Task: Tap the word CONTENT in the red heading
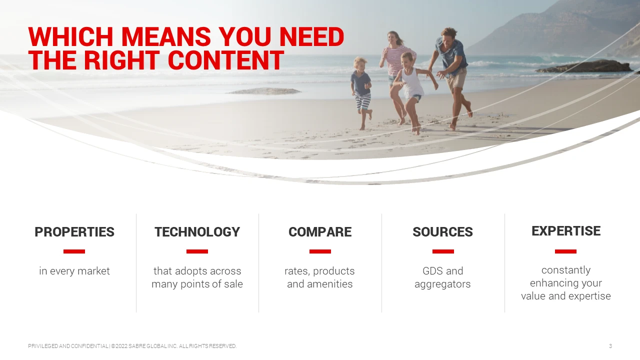click(x=225, y=60)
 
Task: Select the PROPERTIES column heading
click(x=74, y=231)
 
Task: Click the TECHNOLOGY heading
click(x=197, y=231)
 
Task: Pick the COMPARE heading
click(x=320, y=231)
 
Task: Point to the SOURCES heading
click(x=443, y=231)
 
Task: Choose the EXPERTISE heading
click(x=566, y=231)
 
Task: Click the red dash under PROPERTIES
click(x=74, y=251)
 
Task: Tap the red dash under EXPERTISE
click(x=565, y=251)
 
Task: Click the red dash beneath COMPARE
click(x=320, y=251)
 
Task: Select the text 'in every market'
click(x=74, y=271)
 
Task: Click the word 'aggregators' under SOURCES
click(x=442, y=284)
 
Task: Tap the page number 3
click(x=610, y=346)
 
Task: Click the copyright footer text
click(x=132, y=346)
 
